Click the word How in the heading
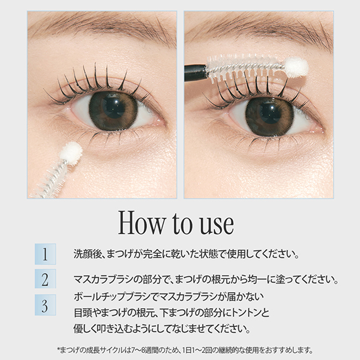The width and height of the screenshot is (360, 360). coord(142,223)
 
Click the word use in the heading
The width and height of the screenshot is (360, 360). coord(217,226)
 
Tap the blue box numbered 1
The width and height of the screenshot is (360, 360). coord(45,254)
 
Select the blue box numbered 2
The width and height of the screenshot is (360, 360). coord(45,278)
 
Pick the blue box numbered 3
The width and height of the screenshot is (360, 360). coord(45,305)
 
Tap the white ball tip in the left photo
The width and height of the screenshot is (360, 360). coord(71,152)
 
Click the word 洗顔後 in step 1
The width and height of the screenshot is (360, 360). coord(88,254)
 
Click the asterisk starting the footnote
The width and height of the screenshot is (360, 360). coord(59,349)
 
